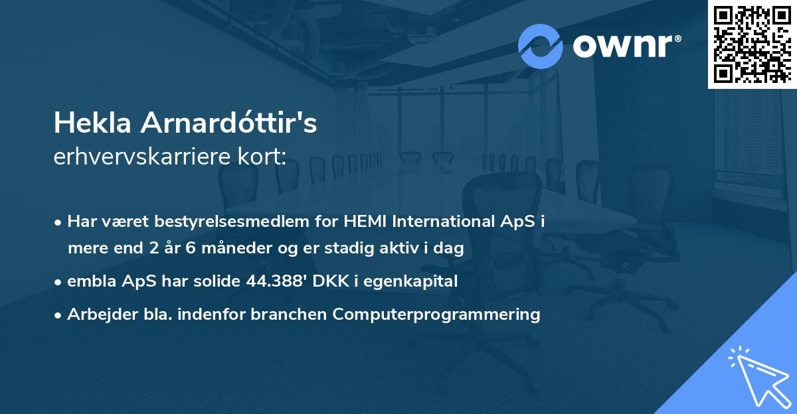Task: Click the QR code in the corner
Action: pos(753,44)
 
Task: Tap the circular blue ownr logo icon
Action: pos(541,46)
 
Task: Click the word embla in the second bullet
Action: pos(88,281)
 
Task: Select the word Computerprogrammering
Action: pos(437,314)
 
